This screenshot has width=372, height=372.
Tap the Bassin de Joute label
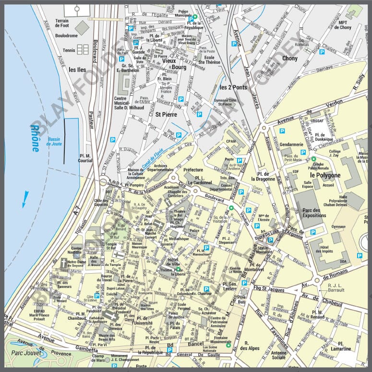pos(56,141)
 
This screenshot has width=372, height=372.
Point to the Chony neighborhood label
pos(289,59)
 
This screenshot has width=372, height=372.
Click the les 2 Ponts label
pos(233,87)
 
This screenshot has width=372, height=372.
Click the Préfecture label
pos(193,170)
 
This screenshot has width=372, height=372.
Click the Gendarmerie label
pos(292,144)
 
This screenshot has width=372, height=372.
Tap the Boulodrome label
pos(67,36)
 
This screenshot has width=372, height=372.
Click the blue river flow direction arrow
pos(25,198)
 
